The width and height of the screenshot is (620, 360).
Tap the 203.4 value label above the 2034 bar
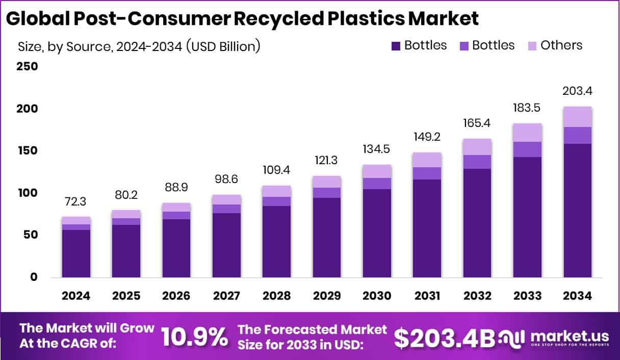pos(578,92)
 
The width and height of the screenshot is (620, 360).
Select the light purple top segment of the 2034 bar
pos(578,117)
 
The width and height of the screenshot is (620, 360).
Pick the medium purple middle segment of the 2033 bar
pos(527,149)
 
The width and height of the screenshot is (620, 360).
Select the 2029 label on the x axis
pos(326,296)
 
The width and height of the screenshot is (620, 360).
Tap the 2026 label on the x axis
pos(176,296)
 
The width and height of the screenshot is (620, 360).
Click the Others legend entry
pos(561,45)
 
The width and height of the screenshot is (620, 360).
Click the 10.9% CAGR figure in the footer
pos(194,337)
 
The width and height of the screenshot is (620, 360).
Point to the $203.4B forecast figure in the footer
pos(445,337)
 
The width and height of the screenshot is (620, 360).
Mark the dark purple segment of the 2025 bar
pos(126,251)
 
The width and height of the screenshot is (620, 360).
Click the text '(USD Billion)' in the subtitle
pos(223,46)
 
